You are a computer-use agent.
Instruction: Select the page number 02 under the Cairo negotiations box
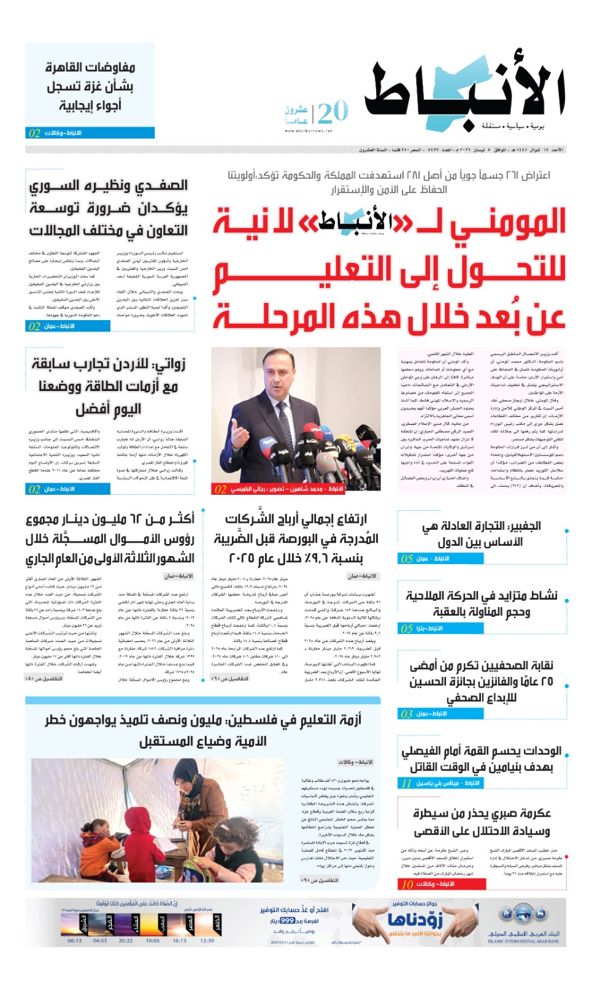coord(34,133)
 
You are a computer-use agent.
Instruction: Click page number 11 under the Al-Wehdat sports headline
coord(406,783)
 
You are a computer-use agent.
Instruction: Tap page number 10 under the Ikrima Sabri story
coord(407,884)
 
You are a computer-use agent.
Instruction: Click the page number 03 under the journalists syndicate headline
coord(406,714)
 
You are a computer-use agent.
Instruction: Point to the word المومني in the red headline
coord(508,223)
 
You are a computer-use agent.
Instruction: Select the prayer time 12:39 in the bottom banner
coord(207,941)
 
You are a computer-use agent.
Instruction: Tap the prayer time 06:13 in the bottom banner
coord(74,941)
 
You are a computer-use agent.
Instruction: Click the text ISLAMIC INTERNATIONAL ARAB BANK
coord(523,941)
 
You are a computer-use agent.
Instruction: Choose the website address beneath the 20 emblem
coord(308,131)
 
